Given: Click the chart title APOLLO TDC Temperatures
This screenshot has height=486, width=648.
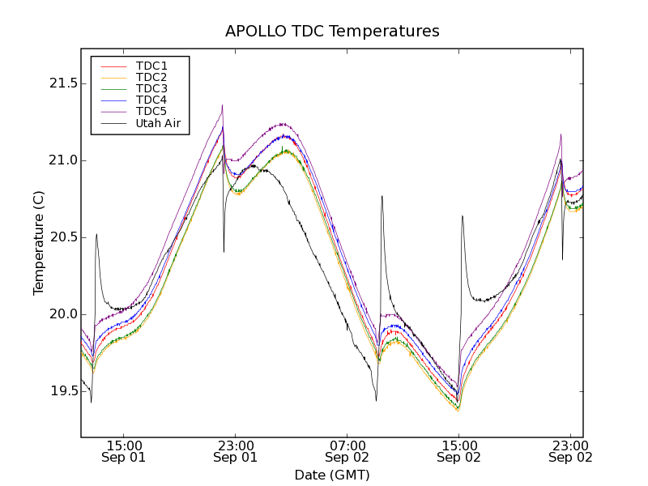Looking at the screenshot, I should tap(332, 32).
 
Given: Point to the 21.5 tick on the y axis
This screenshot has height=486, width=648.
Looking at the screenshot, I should tap(62, 83).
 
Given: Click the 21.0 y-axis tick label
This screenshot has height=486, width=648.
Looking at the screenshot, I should tap(62, 160).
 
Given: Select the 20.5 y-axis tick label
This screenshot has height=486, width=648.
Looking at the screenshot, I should tap(62, 237).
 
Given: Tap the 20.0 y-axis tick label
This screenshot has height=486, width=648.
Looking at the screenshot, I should tap(62, 314).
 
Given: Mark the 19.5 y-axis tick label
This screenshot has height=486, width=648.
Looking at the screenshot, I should tap(62, 391).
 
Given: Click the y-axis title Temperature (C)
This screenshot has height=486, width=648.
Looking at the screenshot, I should tap(39, 243).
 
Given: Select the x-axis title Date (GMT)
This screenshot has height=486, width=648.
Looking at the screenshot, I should tap(332, 475).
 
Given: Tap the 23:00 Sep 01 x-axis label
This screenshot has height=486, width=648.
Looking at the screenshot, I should tap(235, 451).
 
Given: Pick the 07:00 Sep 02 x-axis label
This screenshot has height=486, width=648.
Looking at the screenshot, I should tap(347, 451).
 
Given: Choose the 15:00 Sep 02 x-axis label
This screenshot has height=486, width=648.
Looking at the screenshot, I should tap(458, 451).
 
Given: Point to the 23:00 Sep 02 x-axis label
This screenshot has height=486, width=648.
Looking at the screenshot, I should tap(570, 451).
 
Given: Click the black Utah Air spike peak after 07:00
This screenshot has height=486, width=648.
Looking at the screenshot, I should tap(382, 196).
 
